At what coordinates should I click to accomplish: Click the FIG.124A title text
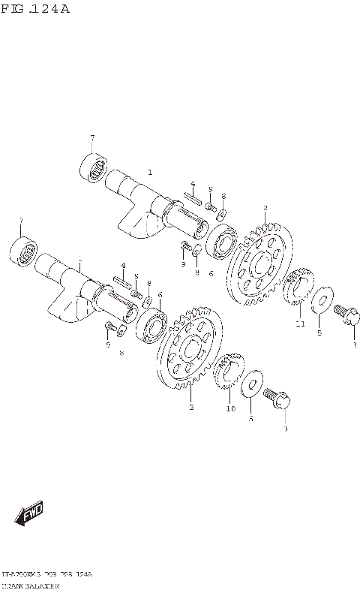tap(35, 9)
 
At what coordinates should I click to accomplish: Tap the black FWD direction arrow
tap(29, 515)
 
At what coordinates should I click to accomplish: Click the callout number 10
tap(231, 409)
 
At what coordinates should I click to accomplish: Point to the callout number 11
tap(299, 324)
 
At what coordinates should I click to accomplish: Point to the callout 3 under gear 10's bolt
tap(284, 428)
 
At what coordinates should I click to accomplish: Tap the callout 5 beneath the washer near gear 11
tap(319, 333)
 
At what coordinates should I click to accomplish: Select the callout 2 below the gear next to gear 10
tap(191, 408)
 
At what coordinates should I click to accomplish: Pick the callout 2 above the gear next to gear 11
tap(265, 208)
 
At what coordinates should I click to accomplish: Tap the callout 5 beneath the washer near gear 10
tap(250, 419)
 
